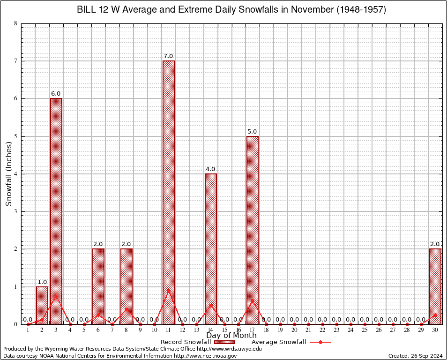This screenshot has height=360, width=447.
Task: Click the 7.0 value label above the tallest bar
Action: tap(168, 56)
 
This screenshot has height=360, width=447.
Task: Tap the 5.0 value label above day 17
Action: tap(253, 132)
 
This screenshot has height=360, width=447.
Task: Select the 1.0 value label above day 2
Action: tap(42, 282)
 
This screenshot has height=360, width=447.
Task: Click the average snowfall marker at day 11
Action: tap(168, 291)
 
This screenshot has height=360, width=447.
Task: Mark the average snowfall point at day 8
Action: tap(127, 309)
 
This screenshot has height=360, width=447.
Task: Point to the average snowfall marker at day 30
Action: tap(435, 315)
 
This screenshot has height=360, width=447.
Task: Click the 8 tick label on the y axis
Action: tap(16, 23)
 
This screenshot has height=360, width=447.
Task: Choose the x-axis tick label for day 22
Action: tap(322, 330)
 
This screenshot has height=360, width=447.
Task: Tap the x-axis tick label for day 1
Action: tap(28, 330)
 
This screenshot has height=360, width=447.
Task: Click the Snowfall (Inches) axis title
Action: tap(9, 173)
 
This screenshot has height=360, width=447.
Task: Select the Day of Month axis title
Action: tap(231, 336)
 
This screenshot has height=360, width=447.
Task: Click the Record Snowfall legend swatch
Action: tap(224, 342)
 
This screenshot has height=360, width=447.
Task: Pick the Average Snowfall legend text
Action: tap(279, 342)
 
